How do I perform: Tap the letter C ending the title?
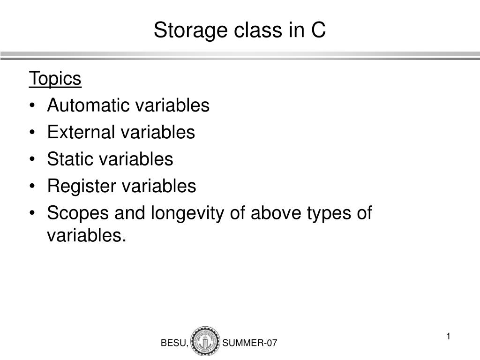tap(318, 30)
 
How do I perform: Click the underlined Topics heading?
tap(55, 79)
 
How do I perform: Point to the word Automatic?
tap(88, 105)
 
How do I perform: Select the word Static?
tap(70, 159)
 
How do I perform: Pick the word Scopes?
tap(78, 213)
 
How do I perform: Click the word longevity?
tap(187, 213)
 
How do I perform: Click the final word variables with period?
tap(87, 235)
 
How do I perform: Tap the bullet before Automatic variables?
tap(32, 105)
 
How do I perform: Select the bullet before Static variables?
tap(32, 159)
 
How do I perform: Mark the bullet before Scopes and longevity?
tap(32, 213)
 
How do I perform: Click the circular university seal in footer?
tap(205, 341)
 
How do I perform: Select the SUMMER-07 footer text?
tap(249, 343)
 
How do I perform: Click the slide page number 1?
tap(448, 336)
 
